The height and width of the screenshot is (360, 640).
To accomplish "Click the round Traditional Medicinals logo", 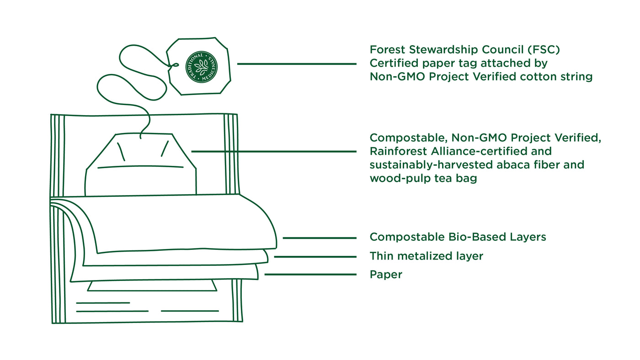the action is point(202,67).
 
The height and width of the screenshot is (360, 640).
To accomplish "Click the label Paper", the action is point(386,275).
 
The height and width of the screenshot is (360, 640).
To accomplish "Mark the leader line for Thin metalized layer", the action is point(315,257).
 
